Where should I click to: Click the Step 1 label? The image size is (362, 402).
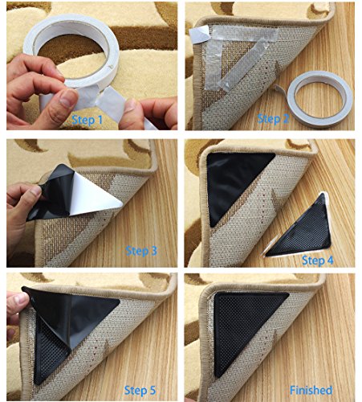[87, 120]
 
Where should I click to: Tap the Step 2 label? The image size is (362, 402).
[274, 119]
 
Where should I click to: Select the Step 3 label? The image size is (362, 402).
[141, 251]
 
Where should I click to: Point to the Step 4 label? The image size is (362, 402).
[318, 260]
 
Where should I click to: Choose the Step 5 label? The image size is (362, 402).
[140, 390]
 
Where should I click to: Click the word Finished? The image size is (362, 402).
[311, 390]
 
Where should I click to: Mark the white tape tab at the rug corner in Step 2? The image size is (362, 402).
[199, 34]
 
